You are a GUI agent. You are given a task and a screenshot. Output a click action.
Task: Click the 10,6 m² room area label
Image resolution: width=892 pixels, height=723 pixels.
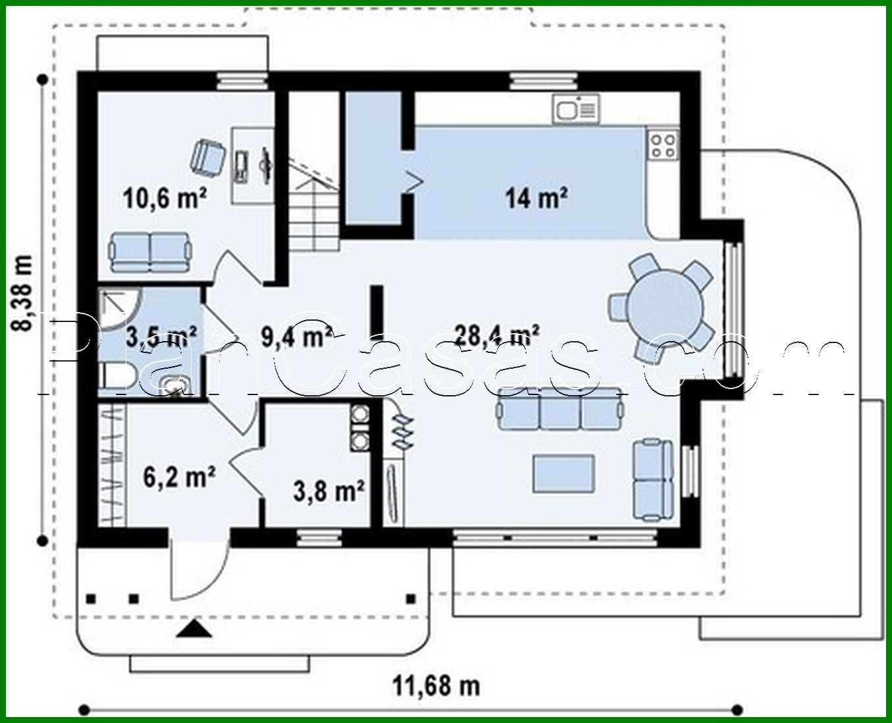point(165,198)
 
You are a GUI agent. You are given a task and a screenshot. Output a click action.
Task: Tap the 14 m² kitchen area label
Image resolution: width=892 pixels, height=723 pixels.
point(537,198)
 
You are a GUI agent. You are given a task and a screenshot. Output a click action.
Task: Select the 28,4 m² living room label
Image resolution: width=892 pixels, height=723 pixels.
point(496,336)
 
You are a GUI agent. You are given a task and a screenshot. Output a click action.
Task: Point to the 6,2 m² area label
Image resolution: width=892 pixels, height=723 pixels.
point(179,477)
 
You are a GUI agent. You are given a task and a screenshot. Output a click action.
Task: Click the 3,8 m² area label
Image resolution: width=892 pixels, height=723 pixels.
point(328,491)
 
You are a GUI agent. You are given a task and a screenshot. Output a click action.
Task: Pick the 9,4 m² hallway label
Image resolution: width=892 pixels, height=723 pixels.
point(297,336)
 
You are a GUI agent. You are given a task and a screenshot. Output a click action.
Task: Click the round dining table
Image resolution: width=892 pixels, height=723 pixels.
point(665,307)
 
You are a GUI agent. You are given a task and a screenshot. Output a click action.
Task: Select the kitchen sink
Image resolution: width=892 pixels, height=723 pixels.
point(576,109)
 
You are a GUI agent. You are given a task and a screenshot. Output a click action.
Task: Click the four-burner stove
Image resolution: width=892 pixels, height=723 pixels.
point(664,144)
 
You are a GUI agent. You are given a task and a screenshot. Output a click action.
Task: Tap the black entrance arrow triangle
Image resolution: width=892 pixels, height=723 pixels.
point(194,629)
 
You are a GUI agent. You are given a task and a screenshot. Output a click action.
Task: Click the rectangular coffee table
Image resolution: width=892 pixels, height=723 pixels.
point(564,473)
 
